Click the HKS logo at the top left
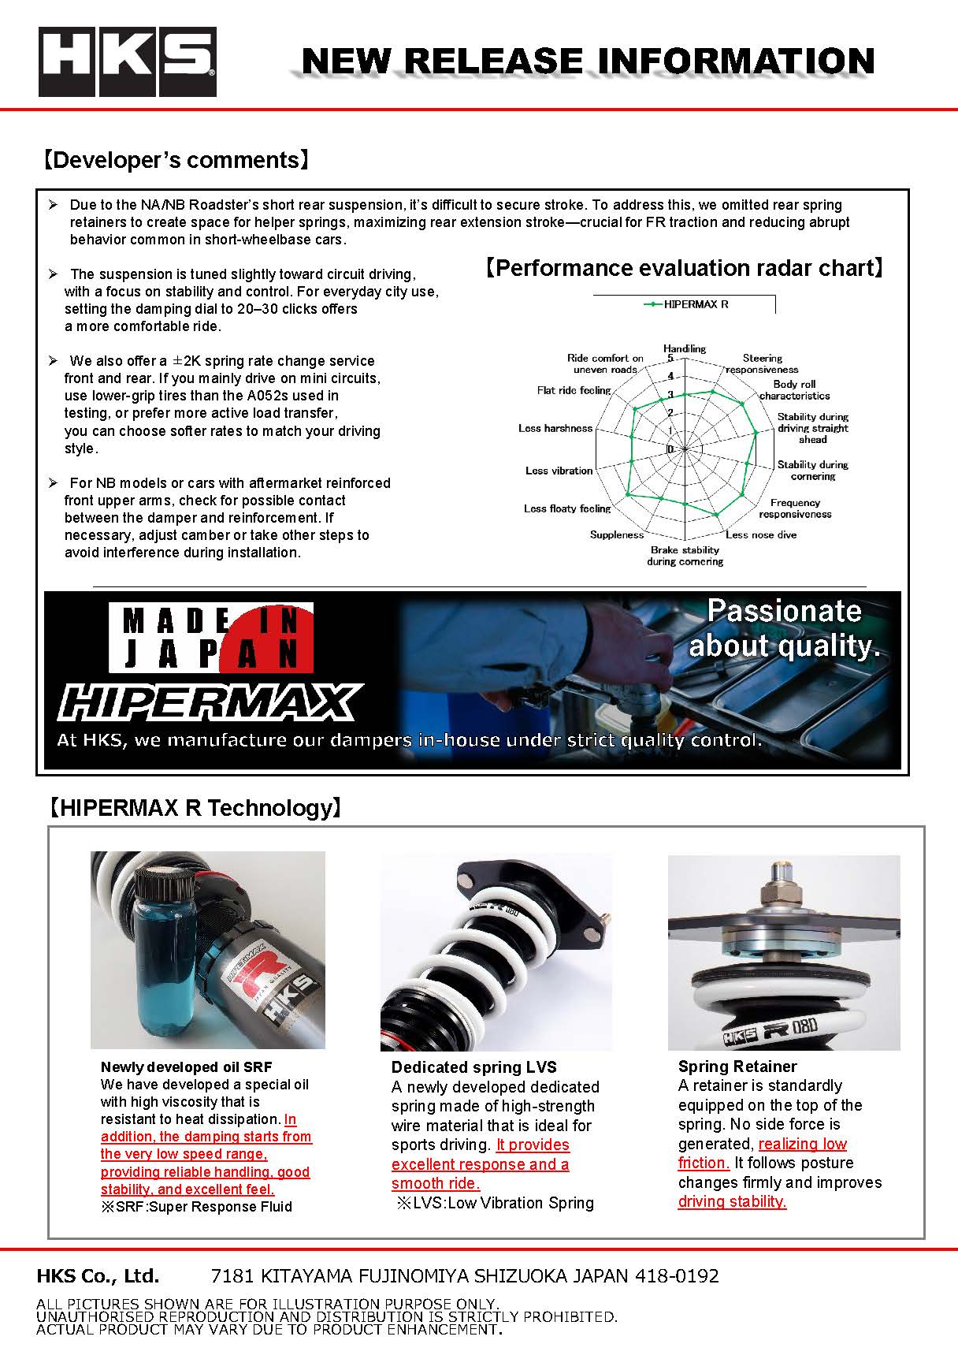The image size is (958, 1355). click(128, 62)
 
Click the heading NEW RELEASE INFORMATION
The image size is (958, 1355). click(588, 61)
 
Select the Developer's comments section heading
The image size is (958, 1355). click(175, 160)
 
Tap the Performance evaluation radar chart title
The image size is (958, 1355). click(684, 268)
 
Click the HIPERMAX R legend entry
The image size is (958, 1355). click(685, 304)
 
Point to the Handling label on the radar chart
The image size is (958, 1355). click(684, 348)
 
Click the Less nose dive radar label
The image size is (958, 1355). click(761, 534)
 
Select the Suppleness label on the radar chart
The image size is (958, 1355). click(617, 534)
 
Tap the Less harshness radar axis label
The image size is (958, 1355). click(555, 428)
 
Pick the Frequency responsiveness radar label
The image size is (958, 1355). click(795, 508)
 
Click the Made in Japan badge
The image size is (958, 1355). click(210, 637)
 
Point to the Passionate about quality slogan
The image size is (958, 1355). click(784, 628)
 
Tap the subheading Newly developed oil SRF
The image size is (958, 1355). click(186, 1067)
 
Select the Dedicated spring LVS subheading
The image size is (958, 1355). click(473, 1067)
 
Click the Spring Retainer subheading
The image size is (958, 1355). click(737, 1067)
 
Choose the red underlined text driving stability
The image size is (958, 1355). click(732, 1201)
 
